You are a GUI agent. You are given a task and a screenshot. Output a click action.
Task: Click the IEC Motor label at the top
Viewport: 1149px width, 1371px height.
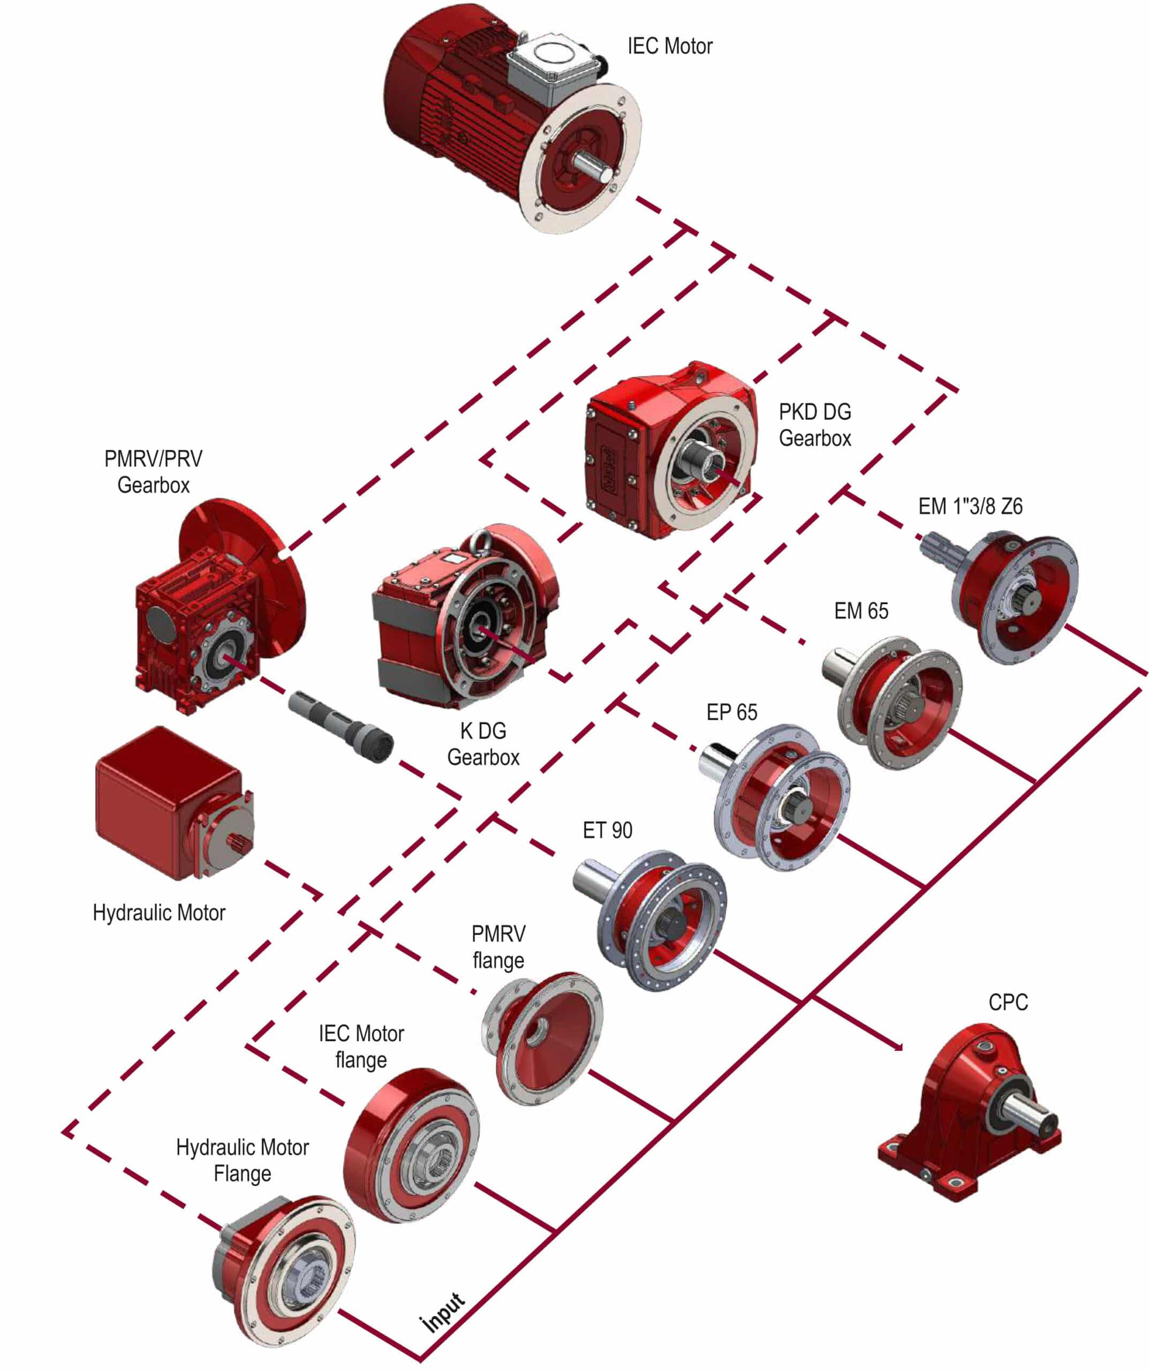(669, 47)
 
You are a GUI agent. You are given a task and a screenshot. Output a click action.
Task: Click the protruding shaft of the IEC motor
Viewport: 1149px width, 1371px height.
(594, 167)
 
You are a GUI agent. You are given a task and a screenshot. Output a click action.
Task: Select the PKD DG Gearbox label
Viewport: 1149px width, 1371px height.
(815, 425)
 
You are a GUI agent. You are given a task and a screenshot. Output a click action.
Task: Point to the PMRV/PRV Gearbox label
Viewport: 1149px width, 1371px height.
(154, 472)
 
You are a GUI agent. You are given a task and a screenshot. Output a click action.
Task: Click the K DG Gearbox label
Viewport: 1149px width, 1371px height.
(483, 744)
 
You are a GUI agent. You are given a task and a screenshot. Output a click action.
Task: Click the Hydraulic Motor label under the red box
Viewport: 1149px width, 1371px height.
(158, 913)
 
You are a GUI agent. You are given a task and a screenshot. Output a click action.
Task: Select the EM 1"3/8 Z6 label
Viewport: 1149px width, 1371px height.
(970, 506)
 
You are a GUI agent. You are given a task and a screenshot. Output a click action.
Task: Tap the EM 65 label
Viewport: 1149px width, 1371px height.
(861, 611)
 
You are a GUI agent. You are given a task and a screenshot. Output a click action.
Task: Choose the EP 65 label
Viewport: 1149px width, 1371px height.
(732, 712)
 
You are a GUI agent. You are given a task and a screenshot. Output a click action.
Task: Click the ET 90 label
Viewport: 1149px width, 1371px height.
(607, 831)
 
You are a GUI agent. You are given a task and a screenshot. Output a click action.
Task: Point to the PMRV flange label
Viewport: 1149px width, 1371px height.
(498, 947)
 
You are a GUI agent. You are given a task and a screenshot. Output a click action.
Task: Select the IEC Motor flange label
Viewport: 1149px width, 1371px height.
(361, 1046)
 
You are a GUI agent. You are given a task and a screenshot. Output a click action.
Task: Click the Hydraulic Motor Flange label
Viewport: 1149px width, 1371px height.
(242, 1160)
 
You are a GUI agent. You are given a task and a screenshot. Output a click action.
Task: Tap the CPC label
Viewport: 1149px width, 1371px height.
(1008, 1002)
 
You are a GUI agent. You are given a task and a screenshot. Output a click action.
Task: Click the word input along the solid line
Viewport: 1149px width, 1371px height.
(444, 1312)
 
